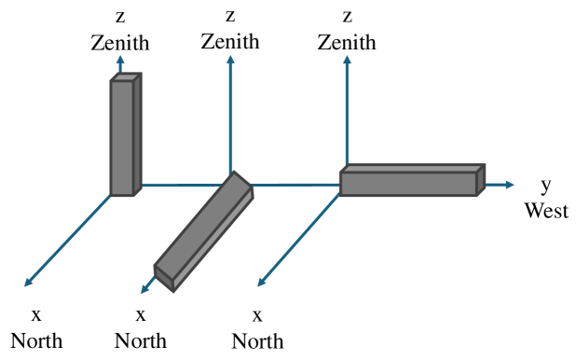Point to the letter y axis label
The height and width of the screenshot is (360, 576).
pos(546,186)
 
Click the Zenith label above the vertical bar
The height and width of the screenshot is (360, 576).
pos(119,42)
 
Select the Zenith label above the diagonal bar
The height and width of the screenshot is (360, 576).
pos(230,42)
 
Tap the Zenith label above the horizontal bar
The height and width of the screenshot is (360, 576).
pos(347,42)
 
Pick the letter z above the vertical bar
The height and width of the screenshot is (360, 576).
pos(119,17)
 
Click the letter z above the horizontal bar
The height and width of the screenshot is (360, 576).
pos(347,17)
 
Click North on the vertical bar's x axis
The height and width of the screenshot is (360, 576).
pos(36,339)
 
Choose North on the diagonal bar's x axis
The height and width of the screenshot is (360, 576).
pos(141,339)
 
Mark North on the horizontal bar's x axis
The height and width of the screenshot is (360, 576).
pos(257,339)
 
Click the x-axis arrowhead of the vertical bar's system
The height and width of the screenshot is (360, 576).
pos(28,283)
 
